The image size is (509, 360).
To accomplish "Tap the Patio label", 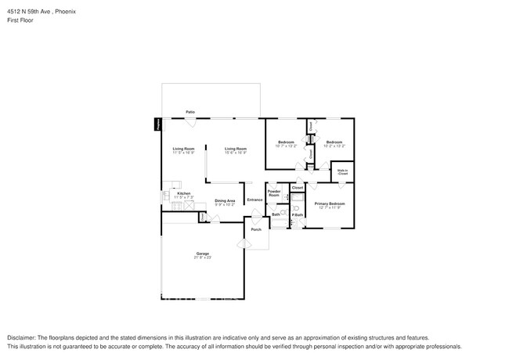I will [190, 112].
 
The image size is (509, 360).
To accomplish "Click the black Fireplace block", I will [157, 124].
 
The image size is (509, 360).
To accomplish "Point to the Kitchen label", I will [183, 193].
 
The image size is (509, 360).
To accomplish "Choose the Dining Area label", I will [226, 200].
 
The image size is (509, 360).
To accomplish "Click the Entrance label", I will [254, 200].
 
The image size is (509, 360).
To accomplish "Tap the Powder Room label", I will [274, 193].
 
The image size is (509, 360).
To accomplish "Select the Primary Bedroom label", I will [329, 203].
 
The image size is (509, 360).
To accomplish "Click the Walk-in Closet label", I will [342, 171].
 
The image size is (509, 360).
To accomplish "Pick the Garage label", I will [203, 254].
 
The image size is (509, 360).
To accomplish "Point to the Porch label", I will [255, 229].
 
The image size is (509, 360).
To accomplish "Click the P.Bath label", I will [298, 215].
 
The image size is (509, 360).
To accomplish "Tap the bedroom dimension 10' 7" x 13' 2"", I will [287, 146].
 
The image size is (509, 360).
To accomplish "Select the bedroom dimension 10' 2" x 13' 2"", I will [334, 146].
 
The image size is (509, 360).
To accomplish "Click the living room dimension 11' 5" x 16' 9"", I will [183, 153].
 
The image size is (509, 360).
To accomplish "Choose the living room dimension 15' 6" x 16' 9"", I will [236, 153].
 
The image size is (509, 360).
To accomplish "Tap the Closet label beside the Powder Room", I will [298, 188].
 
